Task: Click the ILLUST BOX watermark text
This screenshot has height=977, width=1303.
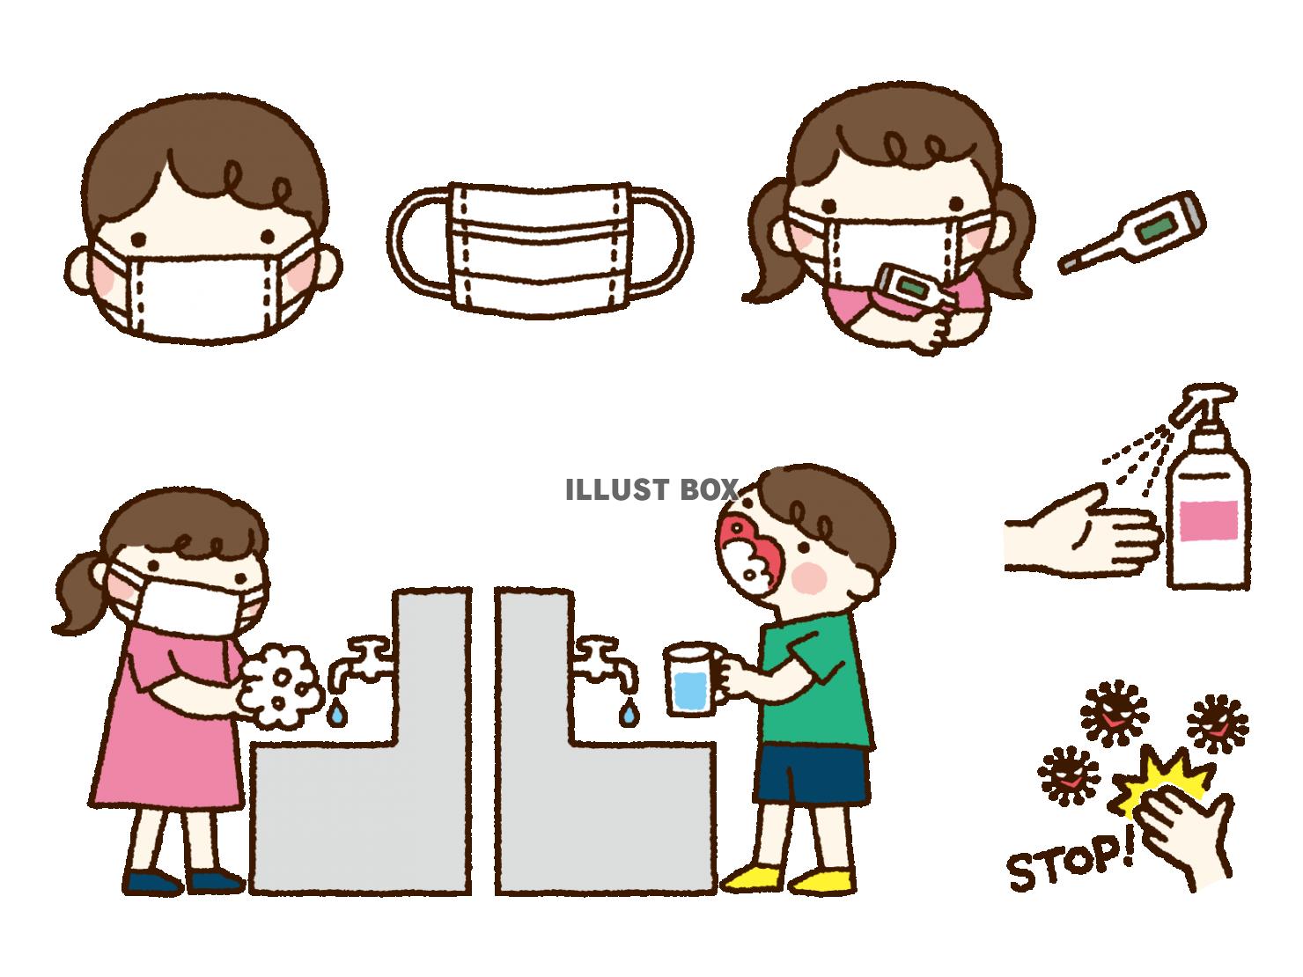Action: click(x=651, y=490)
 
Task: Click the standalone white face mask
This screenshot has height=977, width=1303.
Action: click(x=539, y=250)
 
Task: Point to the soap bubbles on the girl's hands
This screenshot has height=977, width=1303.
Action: click(x=280, y=686)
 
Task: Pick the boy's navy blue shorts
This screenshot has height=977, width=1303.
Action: click(x=812, y=775)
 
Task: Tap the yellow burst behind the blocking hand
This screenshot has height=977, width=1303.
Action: click(x=1165, y=782)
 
